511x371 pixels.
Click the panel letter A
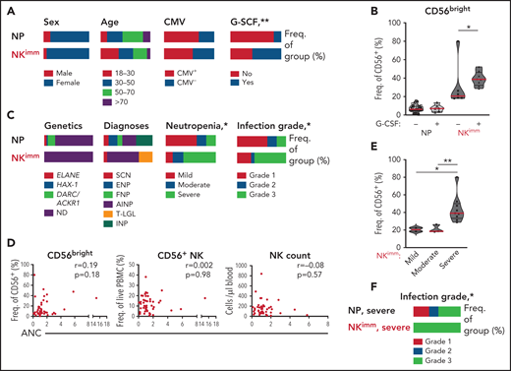tap(7, 9)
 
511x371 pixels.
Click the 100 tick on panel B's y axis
tap(376, 29)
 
